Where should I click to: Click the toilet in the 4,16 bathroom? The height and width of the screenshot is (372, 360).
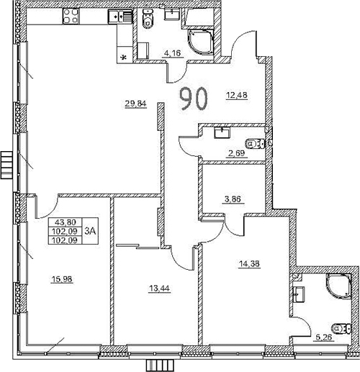coord(148,22)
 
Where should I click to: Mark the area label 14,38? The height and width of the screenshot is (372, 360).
coord(248,263)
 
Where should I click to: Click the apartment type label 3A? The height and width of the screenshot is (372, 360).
coord(90,231)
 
